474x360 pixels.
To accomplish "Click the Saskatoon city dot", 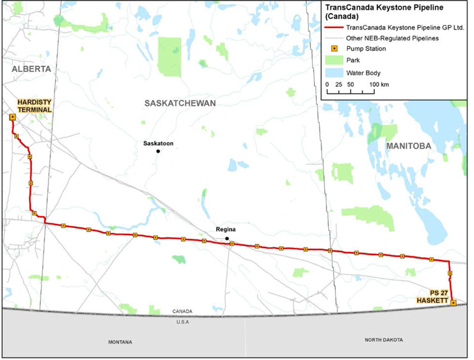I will [158, 151].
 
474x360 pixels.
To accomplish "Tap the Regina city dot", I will [226, 239].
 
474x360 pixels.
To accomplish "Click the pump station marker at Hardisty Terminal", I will [12, 117].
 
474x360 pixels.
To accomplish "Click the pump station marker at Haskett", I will [453, 303].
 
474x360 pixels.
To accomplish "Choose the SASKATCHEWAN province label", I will [180, 103].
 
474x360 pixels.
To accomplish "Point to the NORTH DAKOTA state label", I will [383, 340].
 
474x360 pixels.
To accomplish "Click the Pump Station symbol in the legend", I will [334, 49].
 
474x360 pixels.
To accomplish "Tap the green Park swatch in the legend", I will [334, 60].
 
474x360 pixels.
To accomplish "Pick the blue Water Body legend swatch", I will [334, 73].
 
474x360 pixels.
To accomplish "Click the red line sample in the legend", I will [334, 28].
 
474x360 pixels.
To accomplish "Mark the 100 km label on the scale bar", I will [380, 85].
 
